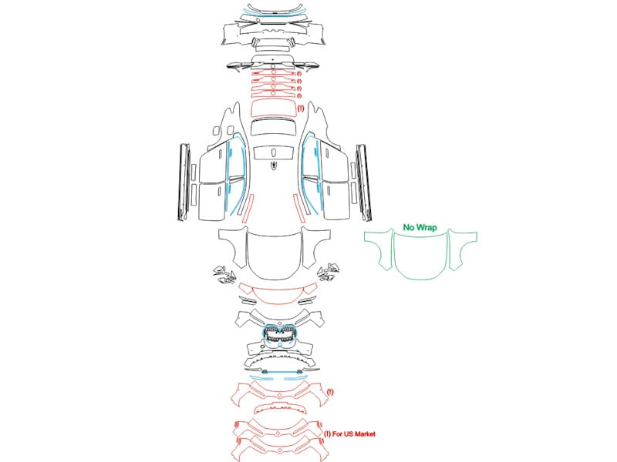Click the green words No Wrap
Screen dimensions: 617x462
click(420, 227)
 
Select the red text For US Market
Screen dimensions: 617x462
click(354, 434)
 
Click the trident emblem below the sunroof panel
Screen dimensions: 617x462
click(274, 166)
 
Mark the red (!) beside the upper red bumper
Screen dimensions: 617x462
click(330, 392)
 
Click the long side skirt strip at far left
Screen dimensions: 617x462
click(184, 182)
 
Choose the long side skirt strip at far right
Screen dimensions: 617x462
click(363, 182)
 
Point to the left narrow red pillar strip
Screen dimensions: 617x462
click(248, 208)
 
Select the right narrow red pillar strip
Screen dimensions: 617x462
click(300, 208)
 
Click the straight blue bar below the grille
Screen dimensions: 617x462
click(281, 371)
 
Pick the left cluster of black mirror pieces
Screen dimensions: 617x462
click(224, 275)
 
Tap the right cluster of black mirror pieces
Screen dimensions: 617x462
click(329, 272)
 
